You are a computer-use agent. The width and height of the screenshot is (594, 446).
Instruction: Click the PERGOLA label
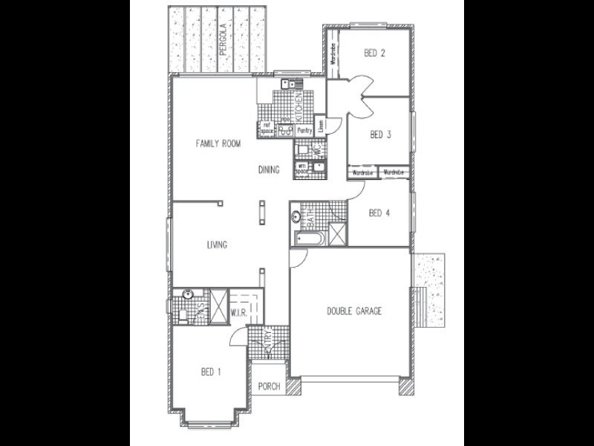tap(222, 43)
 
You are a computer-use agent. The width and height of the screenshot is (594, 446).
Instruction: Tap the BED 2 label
tap(374, 53)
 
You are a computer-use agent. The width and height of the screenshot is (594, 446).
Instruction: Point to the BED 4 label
tap(379, 213)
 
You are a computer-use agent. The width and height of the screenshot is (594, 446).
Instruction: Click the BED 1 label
tap(210, 372)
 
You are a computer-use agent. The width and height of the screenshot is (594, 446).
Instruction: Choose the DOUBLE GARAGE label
tap(354, 311)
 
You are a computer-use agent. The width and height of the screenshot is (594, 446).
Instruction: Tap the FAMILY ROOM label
tap(218, 143)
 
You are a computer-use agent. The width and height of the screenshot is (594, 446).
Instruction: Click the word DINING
tap(269, 169)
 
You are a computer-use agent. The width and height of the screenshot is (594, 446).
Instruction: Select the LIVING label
tap(217, 245)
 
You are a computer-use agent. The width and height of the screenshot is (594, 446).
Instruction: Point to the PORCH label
tap(268, 387)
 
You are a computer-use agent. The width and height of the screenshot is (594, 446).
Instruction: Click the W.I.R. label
tap(238, 312)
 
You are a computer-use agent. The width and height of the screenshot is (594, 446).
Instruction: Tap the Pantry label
tap(304, 130)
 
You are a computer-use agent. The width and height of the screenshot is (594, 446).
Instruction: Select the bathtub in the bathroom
tap(307, 239)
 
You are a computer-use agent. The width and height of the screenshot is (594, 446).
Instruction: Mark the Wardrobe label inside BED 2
tap(333, 54)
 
